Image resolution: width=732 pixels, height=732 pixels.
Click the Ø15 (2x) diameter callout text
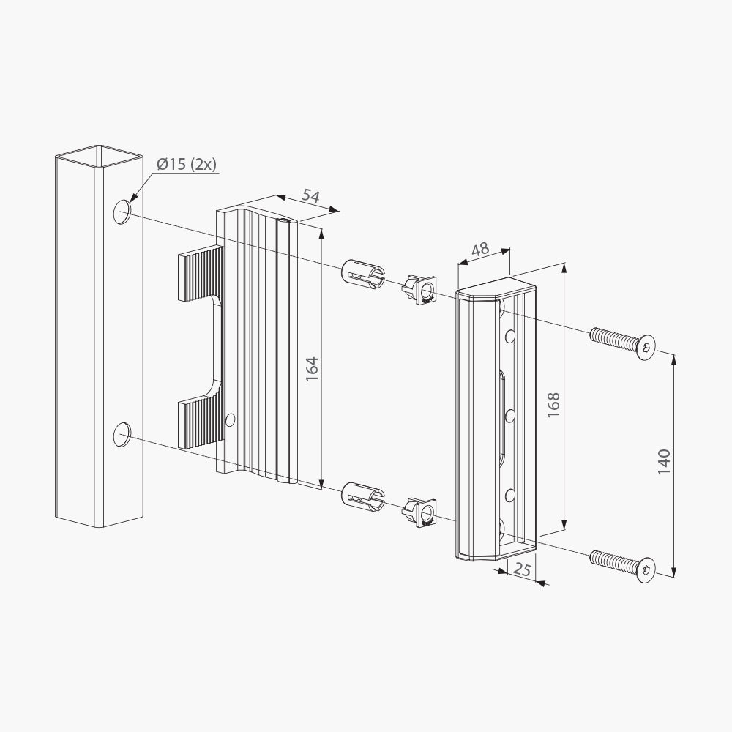pos(187,165)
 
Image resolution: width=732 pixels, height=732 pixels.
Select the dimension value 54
pos(310,195)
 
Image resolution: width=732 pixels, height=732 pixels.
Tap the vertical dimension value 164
pos(312,369)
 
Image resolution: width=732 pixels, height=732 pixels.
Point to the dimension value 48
pos(480,250)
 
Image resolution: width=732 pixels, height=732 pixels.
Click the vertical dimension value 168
pos(553,405)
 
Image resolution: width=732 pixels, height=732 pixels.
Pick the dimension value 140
pos(664,462)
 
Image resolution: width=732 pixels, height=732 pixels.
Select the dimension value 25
pos(523,569)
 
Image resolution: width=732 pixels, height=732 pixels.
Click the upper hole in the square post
pos(122,212)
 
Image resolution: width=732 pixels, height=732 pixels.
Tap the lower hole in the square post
pos(122,434)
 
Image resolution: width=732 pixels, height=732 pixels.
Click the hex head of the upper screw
pos(646,347)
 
